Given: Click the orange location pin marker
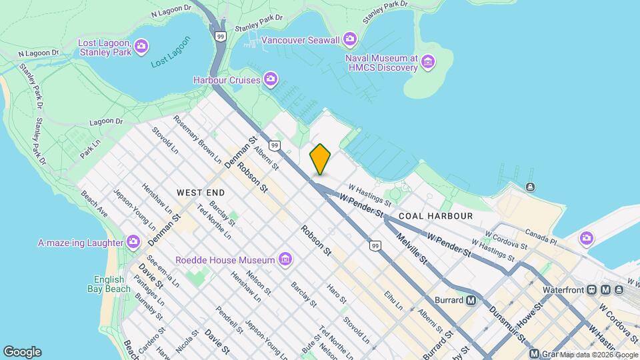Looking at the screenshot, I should pos(320,159).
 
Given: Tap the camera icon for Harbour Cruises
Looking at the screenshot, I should pos(271,79).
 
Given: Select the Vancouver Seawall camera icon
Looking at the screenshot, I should pos(350,40).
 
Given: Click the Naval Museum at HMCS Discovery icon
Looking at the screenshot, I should pos(428,63).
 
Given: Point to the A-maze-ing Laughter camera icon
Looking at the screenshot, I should pos(133,241).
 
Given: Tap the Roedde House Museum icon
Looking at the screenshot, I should pos(285,259).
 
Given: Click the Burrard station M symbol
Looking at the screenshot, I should pos(471,300).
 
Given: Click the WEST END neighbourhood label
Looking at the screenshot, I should pos(201,192).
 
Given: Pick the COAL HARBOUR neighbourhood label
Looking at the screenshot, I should pos(435,216).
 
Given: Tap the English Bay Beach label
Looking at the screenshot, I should pos(108,284).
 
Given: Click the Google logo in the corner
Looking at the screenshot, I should pos(22,352).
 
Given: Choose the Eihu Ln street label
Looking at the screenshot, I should pos(393,301).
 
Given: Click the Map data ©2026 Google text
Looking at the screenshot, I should pos(598,354).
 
